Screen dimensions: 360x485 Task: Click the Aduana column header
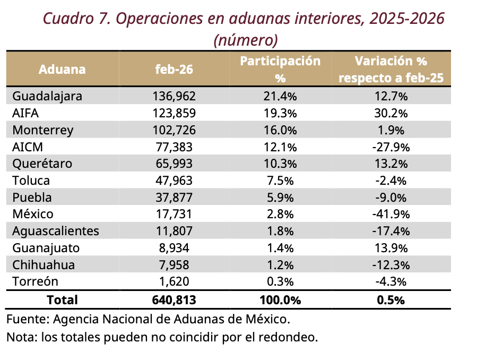[x=62, y=70]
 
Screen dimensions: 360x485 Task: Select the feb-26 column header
[x=174, y=70]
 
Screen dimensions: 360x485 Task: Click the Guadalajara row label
[x=47, y=96]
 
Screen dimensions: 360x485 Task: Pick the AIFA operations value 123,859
[x=174, y=113]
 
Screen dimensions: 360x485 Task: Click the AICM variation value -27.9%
[x=391, y=147]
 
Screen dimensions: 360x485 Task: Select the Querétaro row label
[x=42, y=164]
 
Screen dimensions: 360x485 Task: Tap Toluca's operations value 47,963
[x=174, y=181]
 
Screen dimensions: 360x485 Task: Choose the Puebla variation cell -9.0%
[x=391, y=198]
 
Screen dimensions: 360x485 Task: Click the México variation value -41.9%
[x=391, y=214]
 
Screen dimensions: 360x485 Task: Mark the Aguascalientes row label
[x=55, y=231]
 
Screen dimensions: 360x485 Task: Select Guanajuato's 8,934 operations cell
[x=174, y=248]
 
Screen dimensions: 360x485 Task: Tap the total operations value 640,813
[x=174, y=300]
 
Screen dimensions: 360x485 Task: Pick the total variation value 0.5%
[x=391, y=300]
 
